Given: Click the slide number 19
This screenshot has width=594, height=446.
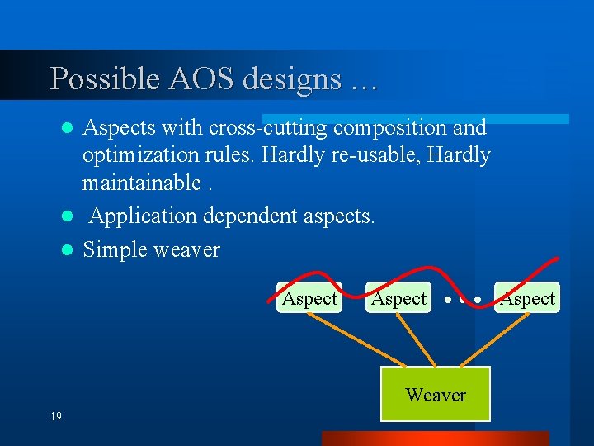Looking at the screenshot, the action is (55, 417).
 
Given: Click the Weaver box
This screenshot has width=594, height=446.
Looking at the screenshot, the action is (435, 395).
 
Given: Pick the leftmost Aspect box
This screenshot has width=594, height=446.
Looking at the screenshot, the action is (309, 298).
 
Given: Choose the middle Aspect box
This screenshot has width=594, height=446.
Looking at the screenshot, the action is (398, 298).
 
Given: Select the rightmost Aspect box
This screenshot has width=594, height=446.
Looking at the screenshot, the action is (527, 298).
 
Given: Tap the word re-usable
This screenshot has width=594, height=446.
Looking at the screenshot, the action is (322, 155).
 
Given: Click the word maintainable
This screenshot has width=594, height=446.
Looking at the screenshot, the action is (141, 183).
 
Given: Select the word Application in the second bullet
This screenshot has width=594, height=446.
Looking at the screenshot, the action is (143, 216).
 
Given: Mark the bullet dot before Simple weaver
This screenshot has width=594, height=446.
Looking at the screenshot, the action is (70, 250).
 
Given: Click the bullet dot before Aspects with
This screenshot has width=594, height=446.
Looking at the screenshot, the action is (70, 129).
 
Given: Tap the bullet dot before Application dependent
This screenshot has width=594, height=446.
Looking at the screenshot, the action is (70, 217).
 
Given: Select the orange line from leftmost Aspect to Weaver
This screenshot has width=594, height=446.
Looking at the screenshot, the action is (355, 339).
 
